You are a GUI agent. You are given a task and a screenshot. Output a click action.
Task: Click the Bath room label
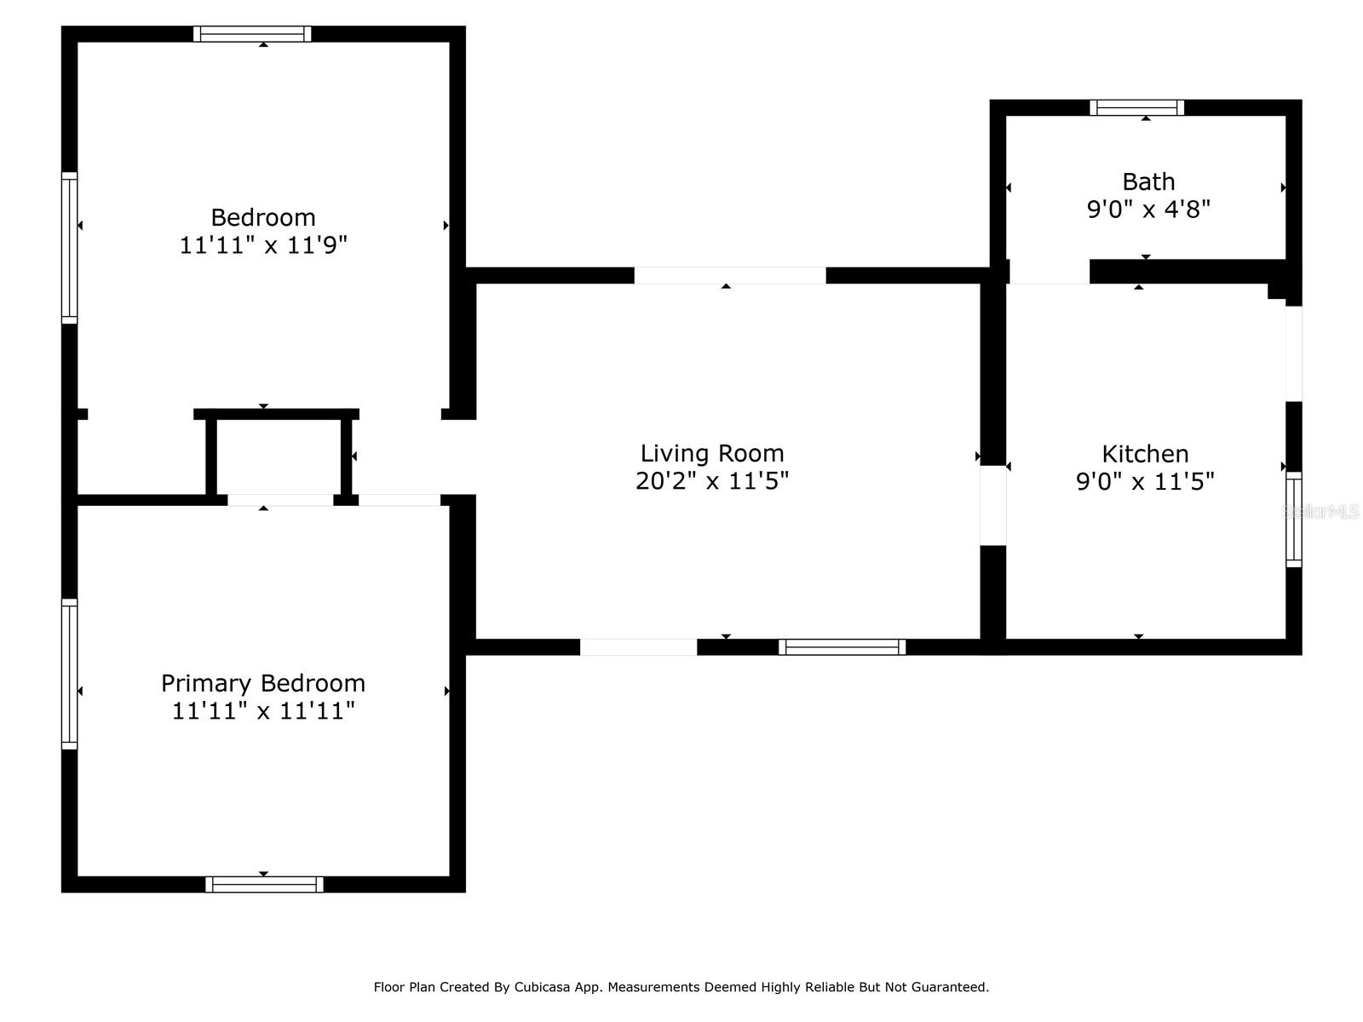[1148, 181]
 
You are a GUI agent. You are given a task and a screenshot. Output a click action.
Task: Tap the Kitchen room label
[1145, 454]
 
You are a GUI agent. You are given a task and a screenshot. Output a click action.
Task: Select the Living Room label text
[711, 453]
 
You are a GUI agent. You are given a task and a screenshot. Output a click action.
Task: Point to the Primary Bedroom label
[263, 683]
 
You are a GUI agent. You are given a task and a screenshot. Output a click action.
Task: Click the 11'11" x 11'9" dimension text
[263, 245]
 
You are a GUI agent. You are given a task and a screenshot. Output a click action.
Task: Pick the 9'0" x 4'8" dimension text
[1148, 210]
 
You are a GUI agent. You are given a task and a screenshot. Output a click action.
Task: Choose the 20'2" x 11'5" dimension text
[711, 481]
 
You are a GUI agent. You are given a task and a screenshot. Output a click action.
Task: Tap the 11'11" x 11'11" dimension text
[263, 710]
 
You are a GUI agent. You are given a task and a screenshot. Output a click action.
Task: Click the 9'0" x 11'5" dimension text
[1145, 481]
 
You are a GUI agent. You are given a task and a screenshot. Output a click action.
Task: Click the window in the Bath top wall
[1136, 108]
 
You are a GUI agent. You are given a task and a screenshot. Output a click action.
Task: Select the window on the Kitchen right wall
[1293, 520]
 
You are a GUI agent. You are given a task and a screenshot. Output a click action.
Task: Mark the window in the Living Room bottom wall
[842, 647]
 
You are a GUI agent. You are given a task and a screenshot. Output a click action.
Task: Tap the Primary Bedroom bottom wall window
[265, 884]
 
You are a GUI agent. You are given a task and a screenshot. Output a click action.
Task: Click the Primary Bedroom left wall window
[70, 674]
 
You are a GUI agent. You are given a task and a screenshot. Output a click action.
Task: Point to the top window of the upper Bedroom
[252, 34]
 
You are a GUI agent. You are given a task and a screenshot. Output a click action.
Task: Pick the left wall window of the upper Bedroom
[70, 248]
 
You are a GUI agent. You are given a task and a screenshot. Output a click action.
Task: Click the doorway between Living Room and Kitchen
[993, 505]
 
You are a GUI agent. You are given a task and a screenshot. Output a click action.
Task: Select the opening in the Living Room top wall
[729, 275]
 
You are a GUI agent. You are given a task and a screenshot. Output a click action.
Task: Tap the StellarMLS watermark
[1320, 511]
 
